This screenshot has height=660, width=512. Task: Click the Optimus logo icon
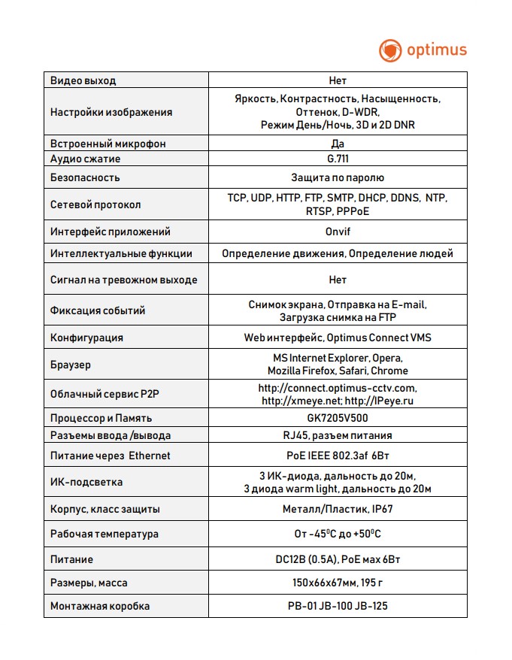pos(391,50)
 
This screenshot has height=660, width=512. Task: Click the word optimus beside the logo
pos(437,50)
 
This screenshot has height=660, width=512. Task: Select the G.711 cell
pos(338,159)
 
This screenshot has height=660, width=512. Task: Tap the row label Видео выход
pos(83,80)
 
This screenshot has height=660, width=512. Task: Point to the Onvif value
pos(338,232)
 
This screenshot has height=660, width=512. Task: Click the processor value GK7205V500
pos(338,418)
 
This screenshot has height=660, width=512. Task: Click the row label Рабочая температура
pos(105,534)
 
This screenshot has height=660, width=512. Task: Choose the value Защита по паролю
pos(338,178)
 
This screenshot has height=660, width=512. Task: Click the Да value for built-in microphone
pos(338,143)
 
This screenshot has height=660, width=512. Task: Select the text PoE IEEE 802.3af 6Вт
pos(338,456)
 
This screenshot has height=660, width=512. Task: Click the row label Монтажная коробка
pos(100,606)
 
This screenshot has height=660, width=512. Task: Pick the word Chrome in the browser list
pos(391,371)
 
